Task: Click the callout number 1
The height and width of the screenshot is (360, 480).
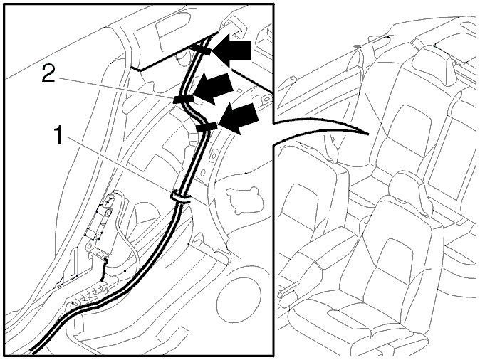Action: tap(58, 135)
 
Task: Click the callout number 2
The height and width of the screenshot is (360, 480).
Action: tap(48, 74)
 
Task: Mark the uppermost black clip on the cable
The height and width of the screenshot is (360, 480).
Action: tap(200, 50)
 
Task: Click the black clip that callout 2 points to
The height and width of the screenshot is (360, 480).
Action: tap(183, 99)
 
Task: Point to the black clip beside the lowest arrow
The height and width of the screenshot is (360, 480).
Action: tap(207, 127)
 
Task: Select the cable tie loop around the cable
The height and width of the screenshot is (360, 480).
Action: tap(181, 196)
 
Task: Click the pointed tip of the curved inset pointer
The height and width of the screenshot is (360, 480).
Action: tap(367, 134)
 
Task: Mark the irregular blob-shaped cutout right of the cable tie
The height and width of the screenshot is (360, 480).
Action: tap(244, 199)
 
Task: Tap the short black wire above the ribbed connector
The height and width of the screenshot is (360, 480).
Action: tap(104, 270)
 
